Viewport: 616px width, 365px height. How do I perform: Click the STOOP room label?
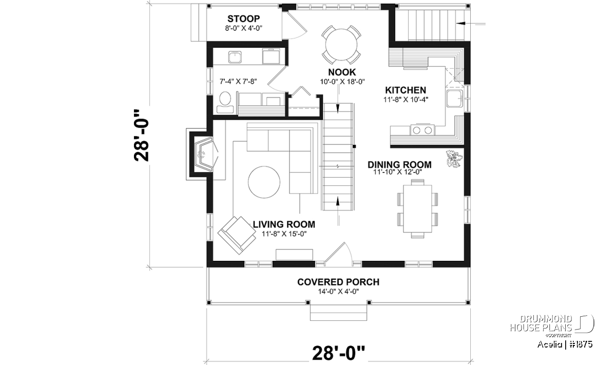[243, 18]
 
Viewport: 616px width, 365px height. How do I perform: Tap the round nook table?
[341, 45]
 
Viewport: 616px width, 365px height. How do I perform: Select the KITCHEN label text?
[406, 90]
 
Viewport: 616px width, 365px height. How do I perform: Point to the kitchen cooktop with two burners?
[422, 130]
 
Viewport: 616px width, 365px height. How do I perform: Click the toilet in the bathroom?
[225, 102]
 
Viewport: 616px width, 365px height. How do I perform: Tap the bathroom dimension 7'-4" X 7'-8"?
[238, 82]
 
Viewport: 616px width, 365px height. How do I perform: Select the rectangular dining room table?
[417, 209]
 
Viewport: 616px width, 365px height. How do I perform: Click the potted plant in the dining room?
[454, 159]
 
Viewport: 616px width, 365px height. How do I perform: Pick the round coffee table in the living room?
[264, 182]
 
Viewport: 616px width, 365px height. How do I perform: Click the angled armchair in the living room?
[237, 235]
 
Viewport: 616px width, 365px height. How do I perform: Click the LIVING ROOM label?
[284, 224]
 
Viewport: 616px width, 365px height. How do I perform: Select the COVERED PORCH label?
[338, 282]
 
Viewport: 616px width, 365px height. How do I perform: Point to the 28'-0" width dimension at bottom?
[339, 353]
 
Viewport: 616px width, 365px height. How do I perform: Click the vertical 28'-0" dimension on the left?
[141, 136]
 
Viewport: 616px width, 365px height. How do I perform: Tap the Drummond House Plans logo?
[552, 325]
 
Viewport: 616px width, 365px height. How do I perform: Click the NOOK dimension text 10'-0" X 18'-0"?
[342, 82]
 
